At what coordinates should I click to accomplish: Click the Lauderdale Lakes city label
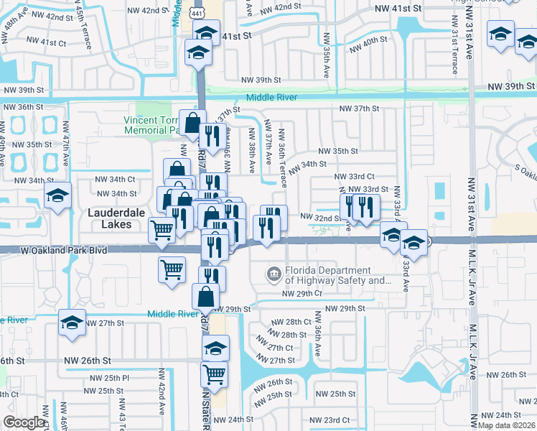pyautogui.click(x=110, y=218)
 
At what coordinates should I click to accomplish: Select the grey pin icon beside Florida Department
pyautogui.click(x=273, y=274)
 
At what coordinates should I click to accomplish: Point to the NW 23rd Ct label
pyautogui.click(x=329, y=420)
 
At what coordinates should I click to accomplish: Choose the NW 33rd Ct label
pyautogui.click(x=355, y=176)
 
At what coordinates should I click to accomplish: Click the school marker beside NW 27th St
pyautogui.click(x=72, y=323)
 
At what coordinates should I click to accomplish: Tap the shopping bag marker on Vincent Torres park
pyautogui.click(x=192, y=123)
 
